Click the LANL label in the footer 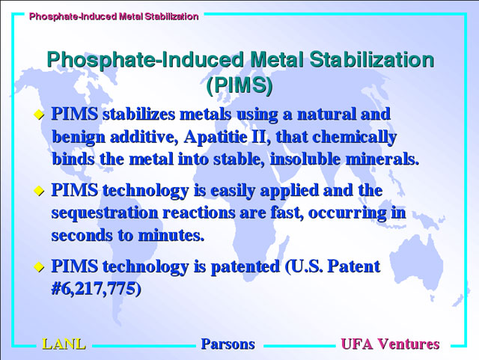[x=64, y=344]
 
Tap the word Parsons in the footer [x=228, y=344]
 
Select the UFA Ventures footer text [x=390, y=344]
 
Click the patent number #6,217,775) [x=97, y=288]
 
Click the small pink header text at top [x=114, y=16]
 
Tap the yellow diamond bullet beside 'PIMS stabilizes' [x=39, y=115]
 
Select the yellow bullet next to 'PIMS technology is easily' [x=39, y=192]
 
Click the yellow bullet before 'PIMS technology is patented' [x=39, y=266]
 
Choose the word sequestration [x=105, y=213]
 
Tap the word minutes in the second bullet [x=171, y=235]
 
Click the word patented [x=245, y=266]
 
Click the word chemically [x=354, y=137]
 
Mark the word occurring [x=347, y=213]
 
